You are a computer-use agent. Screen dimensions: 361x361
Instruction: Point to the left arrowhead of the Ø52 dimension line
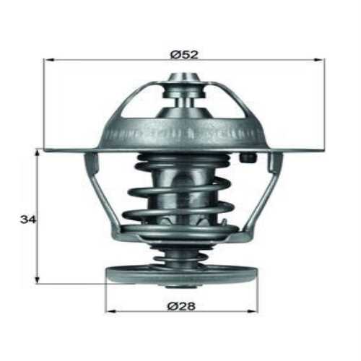click(x=48, y=61)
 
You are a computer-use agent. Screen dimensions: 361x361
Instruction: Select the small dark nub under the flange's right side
click(x=249, y=158)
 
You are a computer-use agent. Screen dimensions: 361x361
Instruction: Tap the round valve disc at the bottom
click(x=180, y=274)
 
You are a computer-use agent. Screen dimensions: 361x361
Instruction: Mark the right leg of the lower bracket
click(x=261, y=195)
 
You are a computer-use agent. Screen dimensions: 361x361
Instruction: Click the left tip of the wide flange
click(x=46, y=149)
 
